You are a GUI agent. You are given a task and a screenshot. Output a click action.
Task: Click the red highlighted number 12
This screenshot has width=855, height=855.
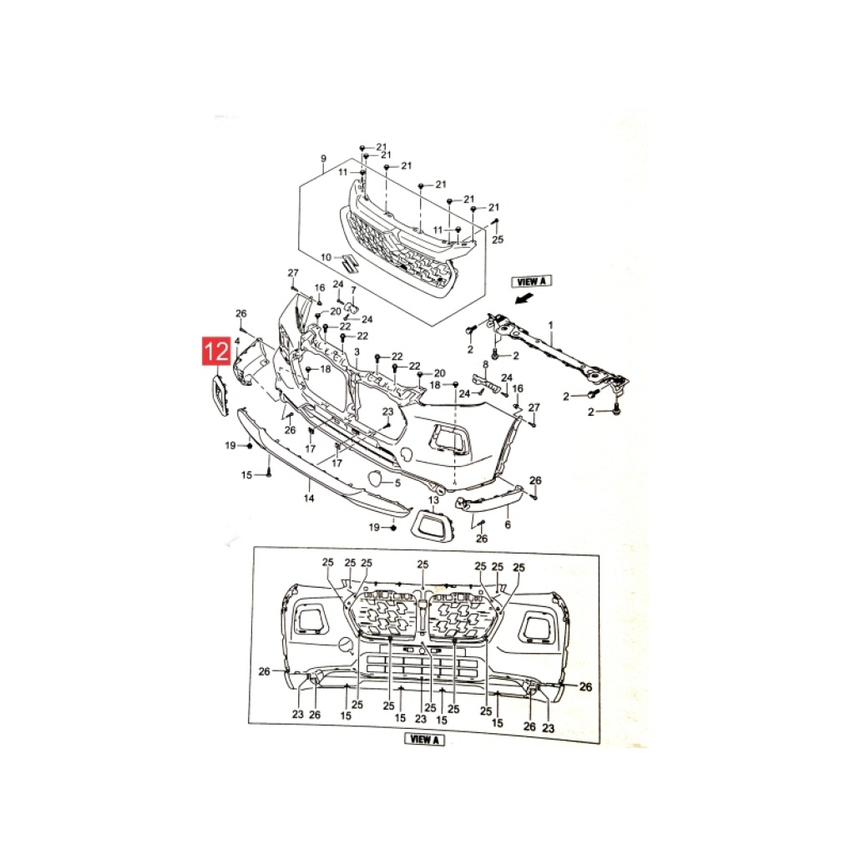(216, 351)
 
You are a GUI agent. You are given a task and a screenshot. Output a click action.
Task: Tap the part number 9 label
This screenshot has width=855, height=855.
(323, 159)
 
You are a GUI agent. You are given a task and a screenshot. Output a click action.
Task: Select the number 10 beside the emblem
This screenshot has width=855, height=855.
(326, 257)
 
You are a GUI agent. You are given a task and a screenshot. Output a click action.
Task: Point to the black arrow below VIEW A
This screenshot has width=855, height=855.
(524, 298)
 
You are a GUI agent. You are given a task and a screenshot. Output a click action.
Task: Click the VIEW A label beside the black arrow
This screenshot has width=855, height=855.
(531, 281)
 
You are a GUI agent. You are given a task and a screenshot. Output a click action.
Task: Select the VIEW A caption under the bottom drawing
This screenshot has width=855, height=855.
(424, 740)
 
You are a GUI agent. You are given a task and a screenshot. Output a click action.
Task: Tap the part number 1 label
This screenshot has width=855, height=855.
(551, 325)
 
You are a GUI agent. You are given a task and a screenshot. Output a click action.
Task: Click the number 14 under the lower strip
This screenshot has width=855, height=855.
(309, 498)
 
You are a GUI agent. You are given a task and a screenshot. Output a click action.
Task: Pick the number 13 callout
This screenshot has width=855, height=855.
(433, 500)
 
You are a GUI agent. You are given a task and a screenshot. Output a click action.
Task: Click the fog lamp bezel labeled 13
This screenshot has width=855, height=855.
(433, 523)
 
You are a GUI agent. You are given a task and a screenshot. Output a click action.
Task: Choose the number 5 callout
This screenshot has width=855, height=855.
(397, 483)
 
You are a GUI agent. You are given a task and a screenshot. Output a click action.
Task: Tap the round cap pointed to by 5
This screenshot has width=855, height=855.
(376, 478)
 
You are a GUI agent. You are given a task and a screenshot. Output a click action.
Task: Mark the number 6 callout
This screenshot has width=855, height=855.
(508, 524)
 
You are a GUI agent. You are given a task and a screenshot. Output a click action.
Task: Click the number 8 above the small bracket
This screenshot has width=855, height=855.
(485, 364)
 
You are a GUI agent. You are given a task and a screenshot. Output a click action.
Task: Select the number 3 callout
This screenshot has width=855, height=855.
(357, 352)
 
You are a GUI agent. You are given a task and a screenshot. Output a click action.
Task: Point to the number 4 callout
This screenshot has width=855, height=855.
(237, 341)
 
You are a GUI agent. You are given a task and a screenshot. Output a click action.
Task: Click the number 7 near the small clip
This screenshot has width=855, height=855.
(353, 290)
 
